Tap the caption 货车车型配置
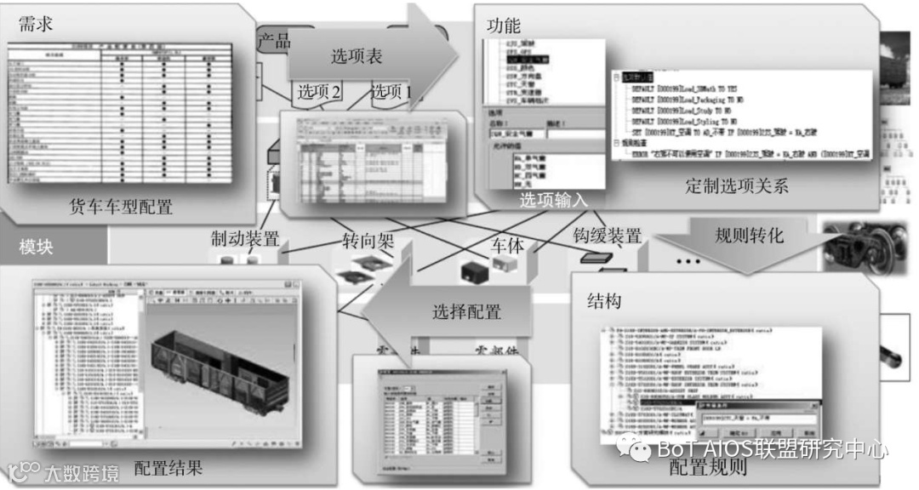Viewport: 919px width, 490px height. click(x=121, y=206)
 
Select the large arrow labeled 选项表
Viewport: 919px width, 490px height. click(x=357, y=56)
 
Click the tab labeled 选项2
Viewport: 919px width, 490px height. click(x=319, y=92)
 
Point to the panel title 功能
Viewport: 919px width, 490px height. click(x=503, y=25)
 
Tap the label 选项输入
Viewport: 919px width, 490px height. click(x=554, y=201)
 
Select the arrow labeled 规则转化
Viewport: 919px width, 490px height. click(x=749, y=235)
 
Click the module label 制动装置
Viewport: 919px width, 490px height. click(x=245, y=240)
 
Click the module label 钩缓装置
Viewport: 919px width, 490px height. click(x=607, y=236)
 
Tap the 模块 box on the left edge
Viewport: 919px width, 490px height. click(x=37, y=248)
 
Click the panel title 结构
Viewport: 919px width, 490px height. click(x=603, y=300)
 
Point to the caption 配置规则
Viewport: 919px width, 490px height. click(x=707, y=467)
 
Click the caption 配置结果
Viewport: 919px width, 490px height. click(x=169, y=468)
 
